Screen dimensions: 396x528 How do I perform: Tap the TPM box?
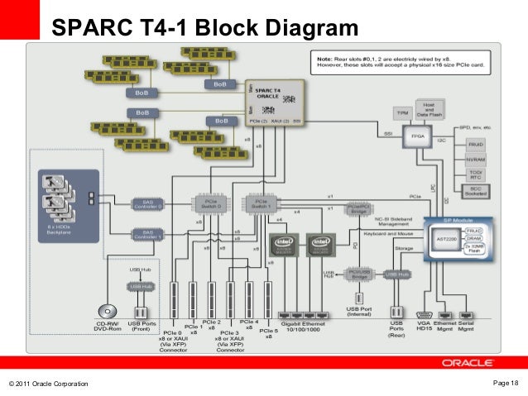[403, 111]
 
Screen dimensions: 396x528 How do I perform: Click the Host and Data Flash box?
[430, 108]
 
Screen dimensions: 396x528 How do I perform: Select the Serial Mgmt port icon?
[468, 314]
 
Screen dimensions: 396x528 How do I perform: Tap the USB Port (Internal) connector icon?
[360, 297]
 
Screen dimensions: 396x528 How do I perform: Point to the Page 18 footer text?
[504, 381]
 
